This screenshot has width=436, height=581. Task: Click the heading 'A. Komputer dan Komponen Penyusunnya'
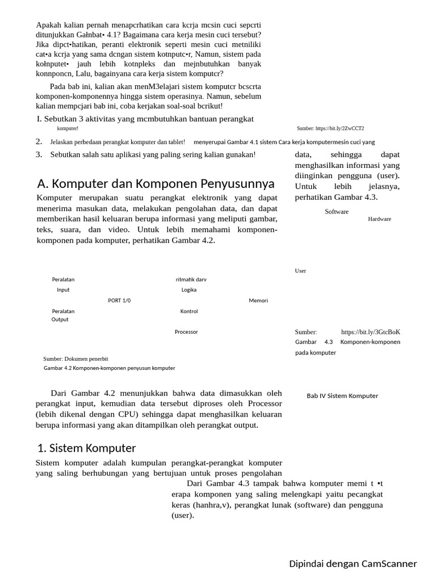[156, 184]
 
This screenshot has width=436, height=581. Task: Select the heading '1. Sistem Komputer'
[86, 448]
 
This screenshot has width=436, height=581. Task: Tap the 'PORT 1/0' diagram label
[119, 301]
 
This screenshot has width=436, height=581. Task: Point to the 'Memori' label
[258, 301]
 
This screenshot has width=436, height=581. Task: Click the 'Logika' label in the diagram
[189, 290]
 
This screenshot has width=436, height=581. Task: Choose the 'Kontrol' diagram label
[189, 311]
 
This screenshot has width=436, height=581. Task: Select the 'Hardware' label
[379, 219]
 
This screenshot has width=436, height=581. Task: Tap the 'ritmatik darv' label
[191, 280]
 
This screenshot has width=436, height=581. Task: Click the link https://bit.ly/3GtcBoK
[371, 332]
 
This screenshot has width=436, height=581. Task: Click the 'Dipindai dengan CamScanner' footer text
[353, 564]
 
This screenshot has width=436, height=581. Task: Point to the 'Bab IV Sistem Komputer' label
[342, 396]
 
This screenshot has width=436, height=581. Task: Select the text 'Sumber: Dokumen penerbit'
[76, 359]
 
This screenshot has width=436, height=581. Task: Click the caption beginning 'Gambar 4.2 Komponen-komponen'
[110, 368]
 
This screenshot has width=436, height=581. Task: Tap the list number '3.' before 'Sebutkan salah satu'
[39, 154]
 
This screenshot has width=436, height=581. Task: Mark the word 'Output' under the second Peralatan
[60, 319]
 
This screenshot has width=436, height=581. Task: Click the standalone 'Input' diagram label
[63, 290]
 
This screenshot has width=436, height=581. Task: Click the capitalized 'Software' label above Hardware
[337, 212]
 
